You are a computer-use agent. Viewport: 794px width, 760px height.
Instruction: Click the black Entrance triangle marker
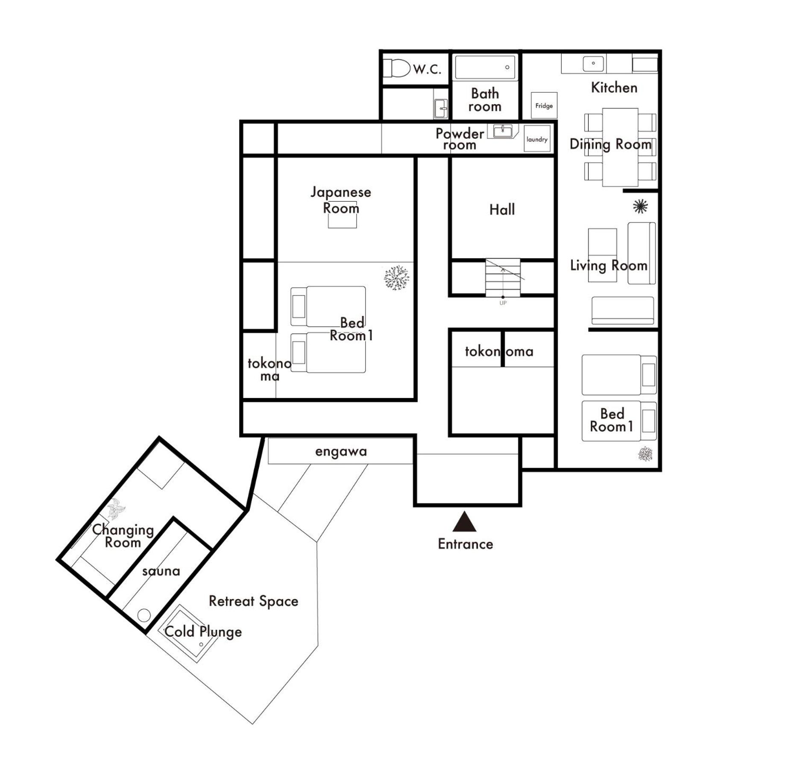point(464,522)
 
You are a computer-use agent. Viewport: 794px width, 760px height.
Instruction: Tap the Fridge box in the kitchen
point(544,105)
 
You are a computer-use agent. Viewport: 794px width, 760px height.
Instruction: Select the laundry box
point(537,139)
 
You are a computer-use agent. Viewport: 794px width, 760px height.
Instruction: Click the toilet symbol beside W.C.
point(397,68)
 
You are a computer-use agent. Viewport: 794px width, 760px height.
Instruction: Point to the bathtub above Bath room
point(485,67)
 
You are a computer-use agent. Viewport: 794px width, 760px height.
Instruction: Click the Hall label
point(502,209)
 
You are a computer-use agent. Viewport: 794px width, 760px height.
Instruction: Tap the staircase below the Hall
point(503,278)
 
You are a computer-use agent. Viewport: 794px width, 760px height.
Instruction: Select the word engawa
point(341,452)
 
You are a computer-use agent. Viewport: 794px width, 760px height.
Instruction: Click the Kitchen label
point(614,88)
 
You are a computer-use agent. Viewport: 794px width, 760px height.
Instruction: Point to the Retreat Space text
point(253,601)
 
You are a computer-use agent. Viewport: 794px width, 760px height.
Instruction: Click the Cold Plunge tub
point(188,633)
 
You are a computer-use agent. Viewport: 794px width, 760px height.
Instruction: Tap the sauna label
point(161,571)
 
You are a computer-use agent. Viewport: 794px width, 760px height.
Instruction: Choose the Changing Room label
point(123,536)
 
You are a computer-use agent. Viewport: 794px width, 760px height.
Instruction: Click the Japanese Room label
point(341,200)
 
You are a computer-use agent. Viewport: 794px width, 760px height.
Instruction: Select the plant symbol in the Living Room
point(640,207)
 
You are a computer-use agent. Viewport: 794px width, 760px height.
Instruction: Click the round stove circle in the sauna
point(144,615)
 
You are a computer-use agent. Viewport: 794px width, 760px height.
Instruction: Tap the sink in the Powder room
point(503,131)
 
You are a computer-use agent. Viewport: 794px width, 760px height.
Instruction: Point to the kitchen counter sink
point(593,64)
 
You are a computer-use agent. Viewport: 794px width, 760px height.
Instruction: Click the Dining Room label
point(610,144)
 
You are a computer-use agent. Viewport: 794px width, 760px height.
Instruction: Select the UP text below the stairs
point(503,303)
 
